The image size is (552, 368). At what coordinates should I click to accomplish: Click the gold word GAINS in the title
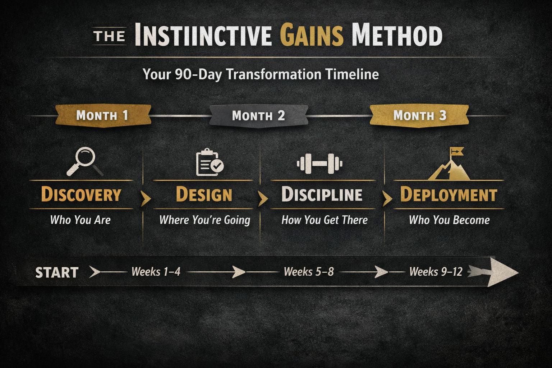click(x=312, y=35)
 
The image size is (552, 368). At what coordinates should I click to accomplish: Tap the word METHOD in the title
click(x=397, y=35)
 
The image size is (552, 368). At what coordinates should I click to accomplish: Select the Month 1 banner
click(x=103, y=116)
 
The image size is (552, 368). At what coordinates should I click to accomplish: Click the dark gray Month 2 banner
click(x=259, y=116)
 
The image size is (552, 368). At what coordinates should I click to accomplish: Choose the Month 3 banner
click(x=419, y=116)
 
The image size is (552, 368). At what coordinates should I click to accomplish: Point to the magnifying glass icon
click(x=85, y=161)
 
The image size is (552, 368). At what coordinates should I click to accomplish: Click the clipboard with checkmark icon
click(x=210, y=162)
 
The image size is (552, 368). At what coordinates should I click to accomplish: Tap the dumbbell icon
click(x=319, y=164)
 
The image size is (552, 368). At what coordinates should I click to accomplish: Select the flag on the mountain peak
click(x=456, y=152)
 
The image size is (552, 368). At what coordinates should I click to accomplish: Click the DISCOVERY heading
click(x=81, y=194)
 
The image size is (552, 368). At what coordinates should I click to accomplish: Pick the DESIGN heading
click(x=204, y=194)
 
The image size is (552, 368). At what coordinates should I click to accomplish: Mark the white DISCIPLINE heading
click(x=322, y=194)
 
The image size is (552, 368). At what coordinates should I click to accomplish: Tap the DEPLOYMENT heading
click(x=449, y=194)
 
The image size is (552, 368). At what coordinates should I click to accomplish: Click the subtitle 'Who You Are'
click(x=80, y=220)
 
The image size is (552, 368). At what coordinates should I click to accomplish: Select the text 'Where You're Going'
click(x=205, y=220)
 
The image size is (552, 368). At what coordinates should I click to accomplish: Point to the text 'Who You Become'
click(x=449, y=220)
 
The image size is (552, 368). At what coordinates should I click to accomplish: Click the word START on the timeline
click(x=57, y=273)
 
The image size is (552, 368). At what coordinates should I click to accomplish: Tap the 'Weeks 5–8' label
click(x=309, y=272)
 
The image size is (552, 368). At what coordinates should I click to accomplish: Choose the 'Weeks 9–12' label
click(x=436, y=272)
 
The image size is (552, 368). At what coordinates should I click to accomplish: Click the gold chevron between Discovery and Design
click(x=146, y=198)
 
